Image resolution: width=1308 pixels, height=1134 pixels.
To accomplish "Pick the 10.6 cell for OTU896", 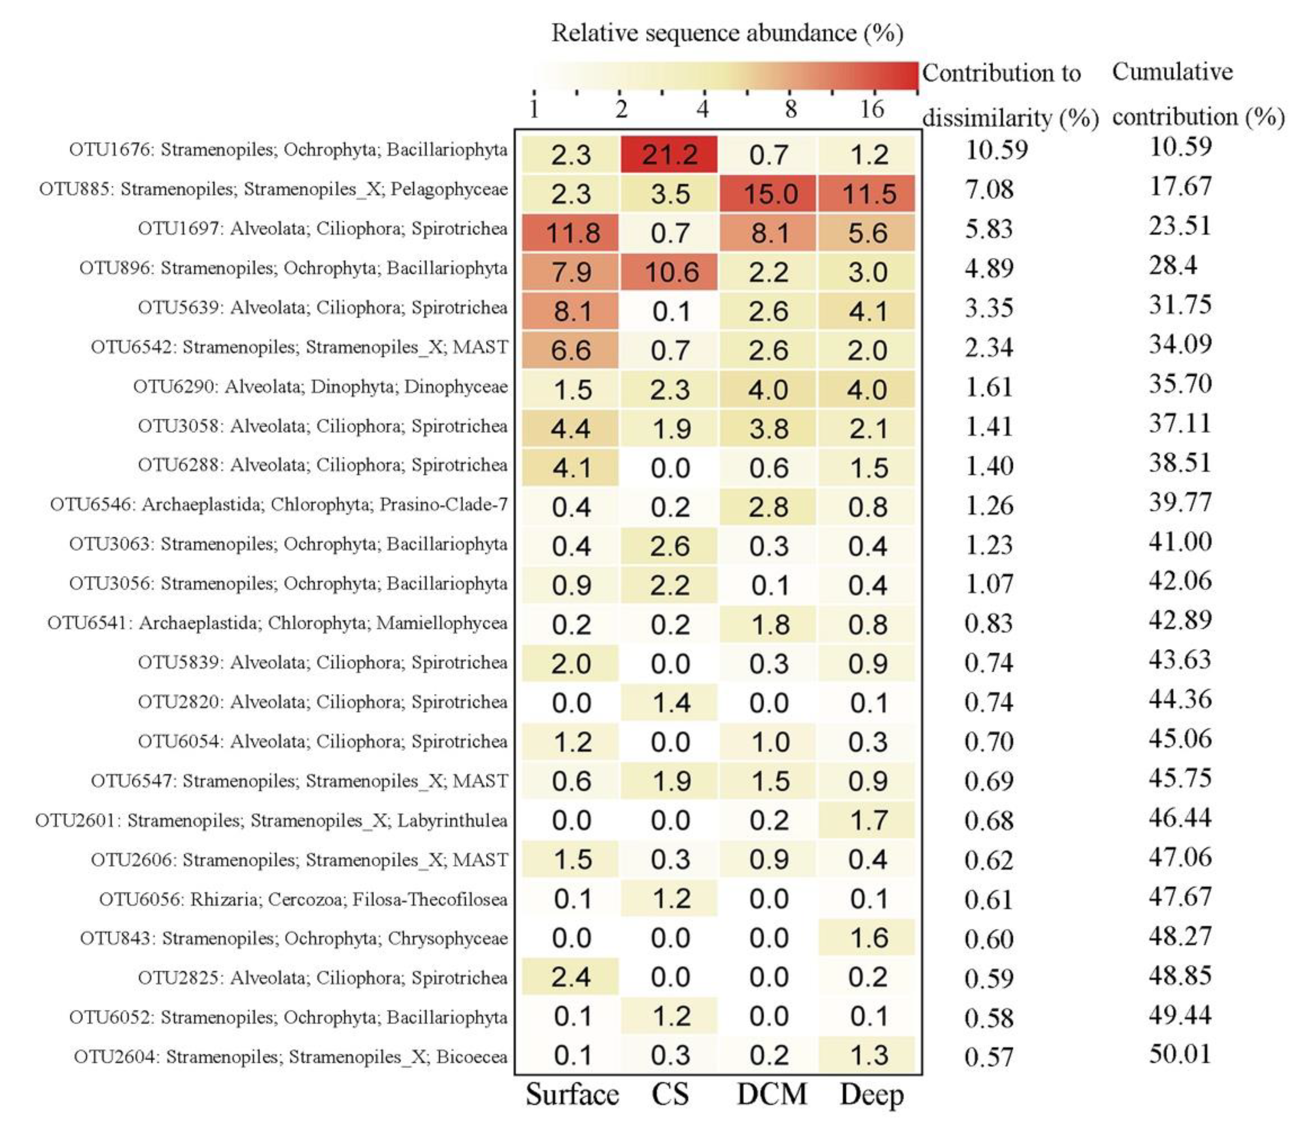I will point(671,272).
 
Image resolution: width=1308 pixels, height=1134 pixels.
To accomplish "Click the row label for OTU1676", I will point(288,150).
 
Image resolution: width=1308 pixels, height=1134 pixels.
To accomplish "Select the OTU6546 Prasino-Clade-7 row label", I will point(279,504).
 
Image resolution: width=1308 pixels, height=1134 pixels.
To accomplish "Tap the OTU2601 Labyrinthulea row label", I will point(271,820).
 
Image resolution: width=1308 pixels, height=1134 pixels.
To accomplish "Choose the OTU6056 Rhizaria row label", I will point(303,899).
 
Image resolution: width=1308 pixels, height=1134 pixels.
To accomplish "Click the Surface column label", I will point(572,1094).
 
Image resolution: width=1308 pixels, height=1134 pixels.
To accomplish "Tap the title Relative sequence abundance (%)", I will point(727,33).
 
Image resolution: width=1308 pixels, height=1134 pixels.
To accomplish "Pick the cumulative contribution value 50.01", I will point(1180,1054).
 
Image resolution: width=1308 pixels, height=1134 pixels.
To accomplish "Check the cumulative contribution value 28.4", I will point(1173,265).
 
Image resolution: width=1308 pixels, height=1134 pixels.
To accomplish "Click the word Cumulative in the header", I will point(1172,72).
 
